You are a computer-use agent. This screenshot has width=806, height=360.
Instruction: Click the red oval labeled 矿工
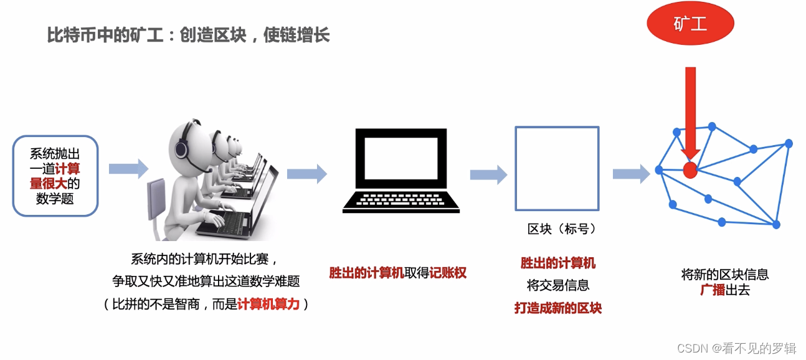tap(690, 24)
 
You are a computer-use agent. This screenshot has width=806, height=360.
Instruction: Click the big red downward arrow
tap(690, 112)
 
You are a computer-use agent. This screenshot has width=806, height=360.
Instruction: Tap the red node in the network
tap(690, 169)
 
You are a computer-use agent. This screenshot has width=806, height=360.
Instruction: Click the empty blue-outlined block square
tap(557, 168)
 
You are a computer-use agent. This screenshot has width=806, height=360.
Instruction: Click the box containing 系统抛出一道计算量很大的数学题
tap(55, 176)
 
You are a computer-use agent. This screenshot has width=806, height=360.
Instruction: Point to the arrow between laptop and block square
tap(488, 174)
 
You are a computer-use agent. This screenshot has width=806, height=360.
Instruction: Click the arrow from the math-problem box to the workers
tap(128, 168)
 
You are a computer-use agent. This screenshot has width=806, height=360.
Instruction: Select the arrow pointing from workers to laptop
tap(306, 173)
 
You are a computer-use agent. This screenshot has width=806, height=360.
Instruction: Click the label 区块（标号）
tap(562, 229)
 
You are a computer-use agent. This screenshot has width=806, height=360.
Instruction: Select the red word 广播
tap(713, 290)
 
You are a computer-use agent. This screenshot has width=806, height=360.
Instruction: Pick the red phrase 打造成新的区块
tap(558, 308)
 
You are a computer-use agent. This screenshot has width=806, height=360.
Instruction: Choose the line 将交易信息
tap(558, 286)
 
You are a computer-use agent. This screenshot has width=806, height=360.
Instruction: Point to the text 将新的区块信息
tap(725, 274)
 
